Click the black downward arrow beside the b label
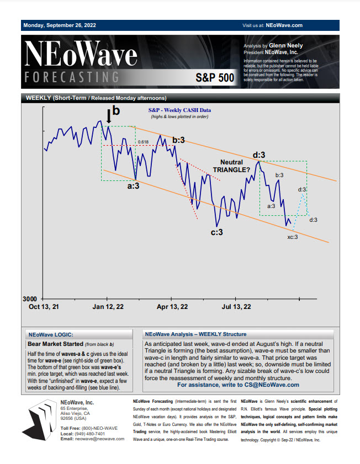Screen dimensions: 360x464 click(x=109, y=116)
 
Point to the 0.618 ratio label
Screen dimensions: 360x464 click(x=144, y=142)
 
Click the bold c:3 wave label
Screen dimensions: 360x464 click(x=216, y=232)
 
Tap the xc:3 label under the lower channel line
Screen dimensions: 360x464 click(x=293, y=237)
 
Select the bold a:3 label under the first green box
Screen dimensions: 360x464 click(x=133, y=186)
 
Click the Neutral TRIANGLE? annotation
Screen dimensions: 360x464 click(x=231, y=166)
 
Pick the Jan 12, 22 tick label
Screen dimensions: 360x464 click(x=108, y=307)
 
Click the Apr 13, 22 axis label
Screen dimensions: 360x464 click(x=172, y=307)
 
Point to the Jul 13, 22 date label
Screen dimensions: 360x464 click(x=236, y=307)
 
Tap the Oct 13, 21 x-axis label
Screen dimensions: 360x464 click(x=44, y=307)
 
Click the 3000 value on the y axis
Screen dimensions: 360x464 click(x=30, y=299)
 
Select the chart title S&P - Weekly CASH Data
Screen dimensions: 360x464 click(x=179, y=110)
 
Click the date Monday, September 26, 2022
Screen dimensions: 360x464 click(x=60, y=25)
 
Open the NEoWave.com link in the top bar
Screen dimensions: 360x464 click(x=284, y=25)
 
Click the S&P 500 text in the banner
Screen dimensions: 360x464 click(x=215, y=78)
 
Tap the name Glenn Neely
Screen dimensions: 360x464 click(x=285, y=46)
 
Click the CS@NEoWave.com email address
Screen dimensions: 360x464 click(x=272, y=385)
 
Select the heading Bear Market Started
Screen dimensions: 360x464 click(x=55, y=344)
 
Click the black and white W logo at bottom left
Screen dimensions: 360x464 click(x=40, y=420)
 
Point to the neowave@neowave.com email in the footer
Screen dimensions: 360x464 click(x=100, y=439)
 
